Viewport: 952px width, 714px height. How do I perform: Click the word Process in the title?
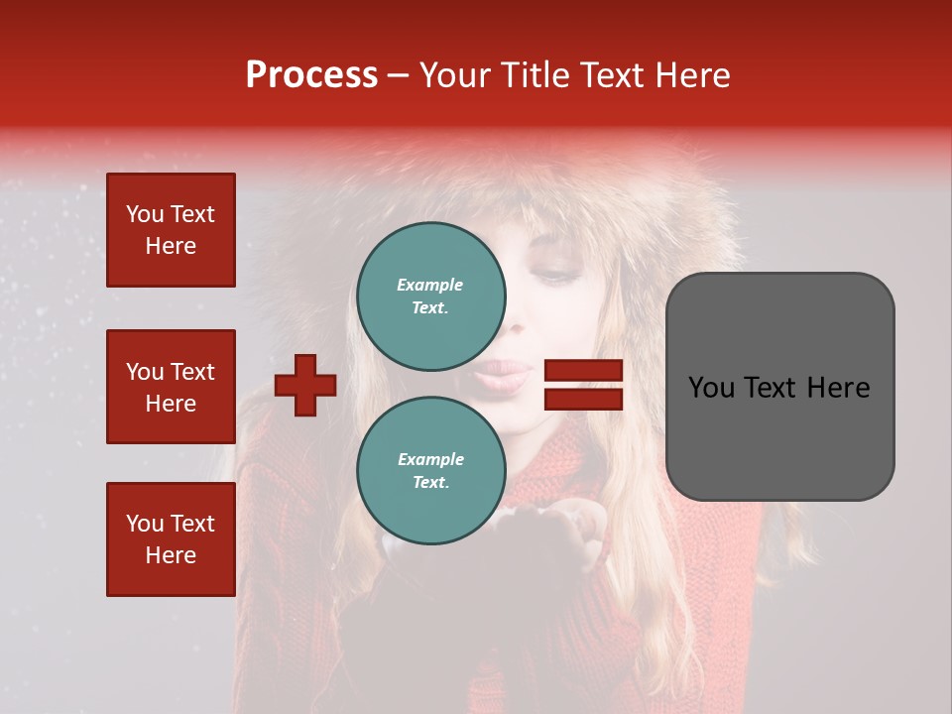tap(311, 75)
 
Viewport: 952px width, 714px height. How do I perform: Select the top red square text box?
tap(171, 230)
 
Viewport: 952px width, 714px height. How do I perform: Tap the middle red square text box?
tap(171, 387)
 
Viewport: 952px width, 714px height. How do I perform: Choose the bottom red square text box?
tap(171, 538)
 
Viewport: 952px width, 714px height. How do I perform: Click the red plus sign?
tap(305, 385)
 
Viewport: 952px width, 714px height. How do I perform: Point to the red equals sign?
tap(584, 385)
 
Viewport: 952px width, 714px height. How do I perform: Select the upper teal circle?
tap(430, 296)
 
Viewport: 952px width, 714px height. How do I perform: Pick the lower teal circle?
tap(430, 470)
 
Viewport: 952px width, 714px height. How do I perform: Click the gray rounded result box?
tap(779, 387)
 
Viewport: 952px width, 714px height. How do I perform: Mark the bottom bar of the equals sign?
tap(584, 399)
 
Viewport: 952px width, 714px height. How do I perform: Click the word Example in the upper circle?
tap(430, 285)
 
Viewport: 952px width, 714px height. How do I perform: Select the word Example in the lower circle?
tap(430, 459)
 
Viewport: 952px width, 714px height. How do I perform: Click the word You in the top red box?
tap(144, 214)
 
